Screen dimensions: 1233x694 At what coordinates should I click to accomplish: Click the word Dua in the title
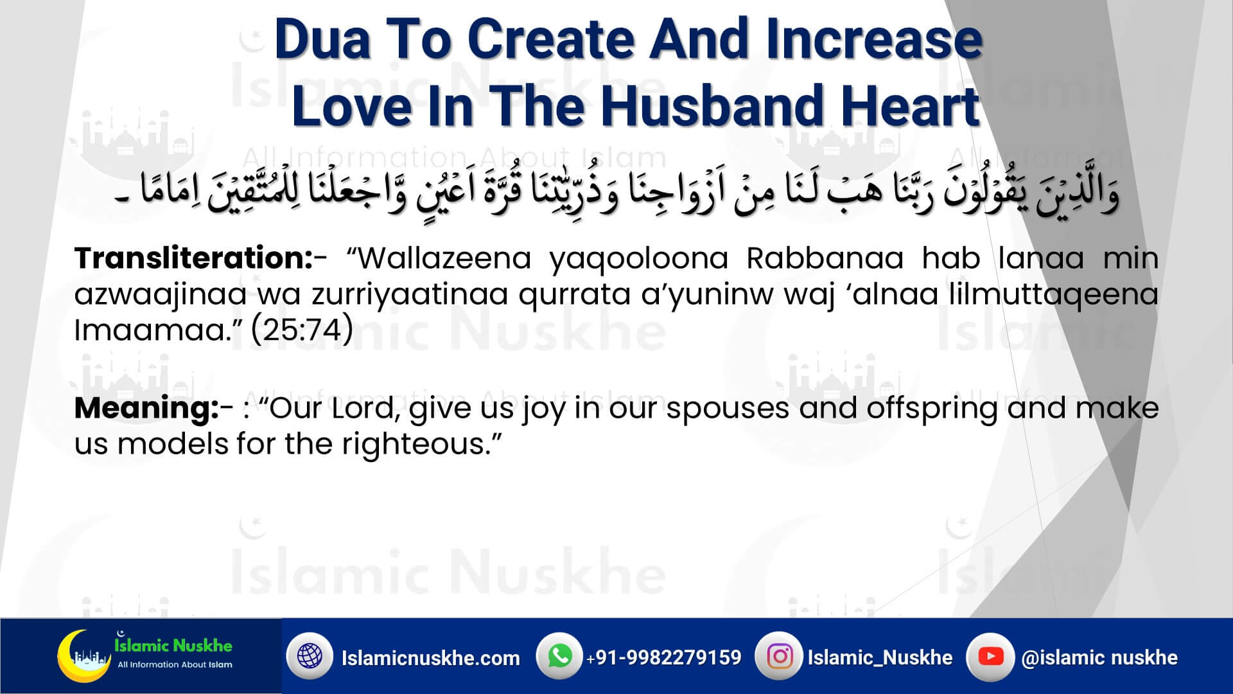pyautogui.click(x=323, y=40)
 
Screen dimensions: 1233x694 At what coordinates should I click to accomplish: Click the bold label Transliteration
pyautogui.click(x=193, y=258)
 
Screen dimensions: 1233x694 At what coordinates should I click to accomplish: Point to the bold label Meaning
pyautogui.click(x=146, y=409)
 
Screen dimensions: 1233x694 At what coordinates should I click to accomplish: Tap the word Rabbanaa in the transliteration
pyautogui.click(x=825, y=258)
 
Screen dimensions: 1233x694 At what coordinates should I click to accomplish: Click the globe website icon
pyautogui.click(x=310, y=656)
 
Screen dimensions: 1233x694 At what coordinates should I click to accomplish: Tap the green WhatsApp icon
pyautogui.click(x=559, y=656)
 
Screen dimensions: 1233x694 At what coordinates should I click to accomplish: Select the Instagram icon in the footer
pyautogui.click(x=779, y=656)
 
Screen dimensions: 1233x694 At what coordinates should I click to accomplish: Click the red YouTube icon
pyautogui.click(x=990, y=656)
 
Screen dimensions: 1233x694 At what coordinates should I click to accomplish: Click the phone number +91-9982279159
pyautogui.click(x=663, y=657)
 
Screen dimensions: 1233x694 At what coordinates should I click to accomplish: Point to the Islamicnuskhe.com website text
pyautogui.click(x=430, y=658)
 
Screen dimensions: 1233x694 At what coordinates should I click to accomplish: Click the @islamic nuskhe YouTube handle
pyautogui.click(x=1099, y=657)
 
